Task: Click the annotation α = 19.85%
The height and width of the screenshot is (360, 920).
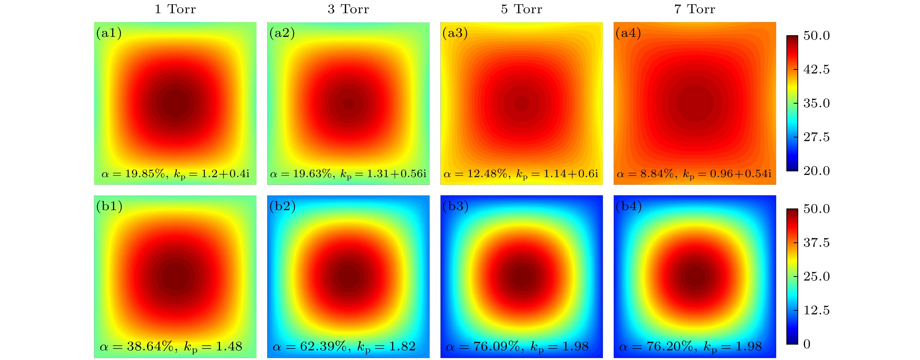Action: [x=133, y=174]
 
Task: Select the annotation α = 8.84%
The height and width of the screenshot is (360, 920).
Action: [x=645, y=174]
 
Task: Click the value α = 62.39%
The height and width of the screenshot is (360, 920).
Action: [x=309, y=347]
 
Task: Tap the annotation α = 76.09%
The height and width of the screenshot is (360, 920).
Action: [x=483, y=347]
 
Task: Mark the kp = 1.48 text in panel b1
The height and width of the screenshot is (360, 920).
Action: [x=213, y=347]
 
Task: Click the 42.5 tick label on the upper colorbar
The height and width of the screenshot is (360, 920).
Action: [x=816, y=69]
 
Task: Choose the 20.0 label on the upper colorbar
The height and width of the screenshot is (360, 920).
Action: [x=816, y=171]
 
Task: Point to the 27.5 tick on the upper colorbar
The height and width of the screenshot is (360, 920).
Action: [x=816, y=137]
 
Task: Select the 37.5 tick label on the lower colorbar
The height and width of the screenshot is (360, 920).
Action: [x=816, y=243]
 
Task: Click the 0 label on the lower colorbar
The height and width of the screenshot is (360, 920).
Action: [x=807, y=344]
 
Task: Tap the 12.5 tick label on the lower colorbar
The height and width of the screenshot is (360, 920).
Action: [x=816, y=310]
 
